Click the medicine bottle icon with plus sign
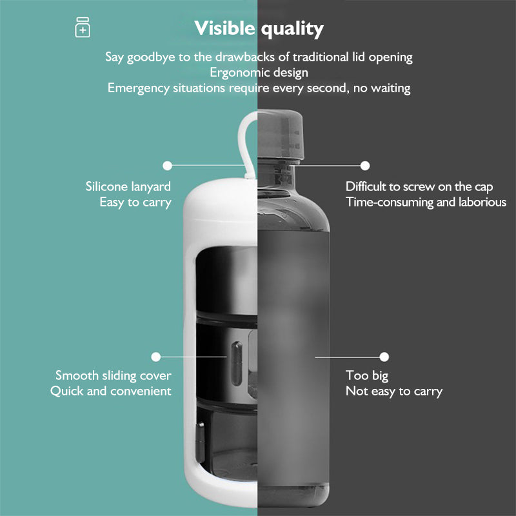point(83,27)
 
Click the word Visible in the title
point(224,28)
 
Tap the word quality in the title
point(293,30)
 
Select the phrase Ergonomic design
point(259,73)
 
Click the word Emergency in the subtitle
point(138,88)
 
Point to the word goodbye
point(151,57)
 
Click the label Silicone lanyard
point(128,187)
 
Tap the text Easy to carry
point(135,203)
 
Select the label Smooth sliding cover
point(114,375)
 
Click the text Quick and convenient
point(110,392)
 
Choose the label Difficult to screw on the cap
point(419,187)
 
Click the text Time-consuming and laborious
point(426,203)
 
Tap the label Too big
point(367,376)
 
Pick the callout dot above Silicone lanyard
point(167,166)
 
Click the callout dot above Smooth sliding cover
point(156,357)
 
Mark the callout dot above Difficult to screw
point(365,166)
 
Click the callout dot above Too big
point(384,357)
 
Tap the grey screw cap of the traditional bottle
point(281,135)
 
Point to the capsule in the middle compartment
point(237,363)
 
